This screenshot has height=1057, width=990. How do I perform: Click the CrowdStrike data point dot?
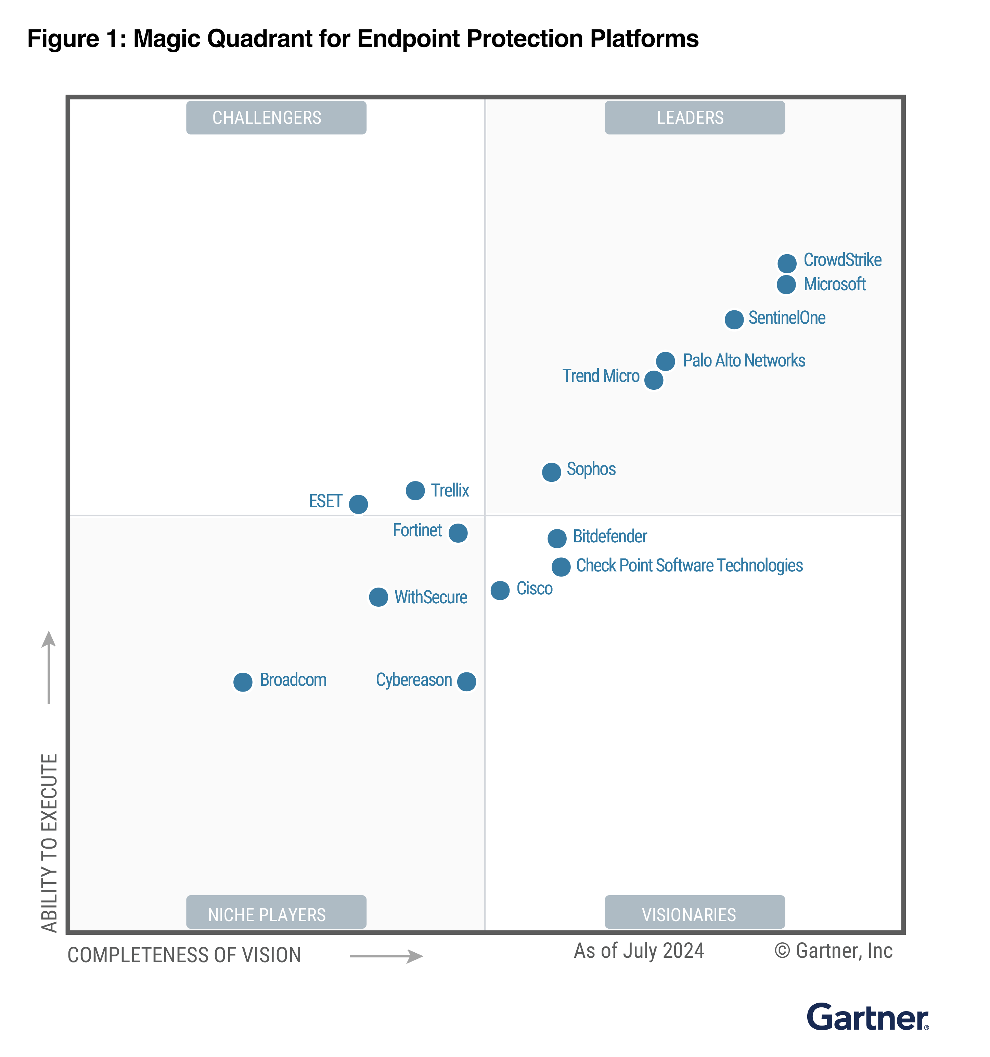(x=786, y=263)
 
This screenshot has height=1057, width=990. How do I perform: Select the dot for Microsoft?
(x=786, y=284)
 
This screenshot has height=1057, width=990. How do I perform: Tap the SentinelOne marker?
(x=734, y=320)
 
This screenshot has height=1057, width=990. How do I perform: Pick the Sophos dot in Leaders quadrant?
(x=551, y=472)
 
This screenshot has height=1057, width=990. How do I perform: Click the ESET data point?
(x=358, y=503)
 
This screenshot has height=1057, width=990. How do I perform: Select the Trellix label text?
(x=449, y=490)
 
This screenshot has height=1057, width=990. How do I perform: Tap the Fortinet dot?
(x=458, y=533)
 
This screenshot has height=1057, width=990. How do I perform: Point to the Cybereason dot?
(x=466, y=681)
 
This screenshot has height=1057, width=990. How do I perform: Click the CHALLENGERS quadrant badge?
(x=276, y=117)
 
